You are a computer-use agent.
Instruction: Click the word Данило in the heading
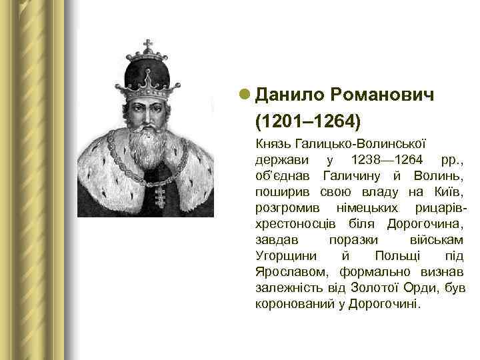(287, 96)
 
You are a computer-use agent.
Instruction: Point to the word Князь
(271, 144)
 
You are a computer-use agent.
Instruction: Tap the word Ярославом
(293, 272)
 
